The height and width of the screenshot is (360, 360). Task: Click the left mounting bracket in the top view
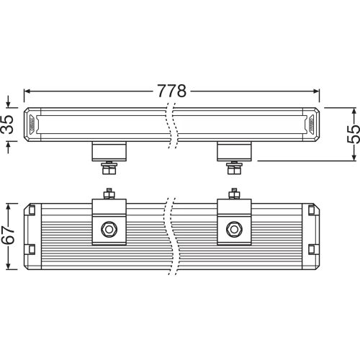click(x=110, y=151)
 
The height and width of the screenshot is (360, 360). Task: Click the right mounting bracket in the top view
click(x=233, y=151)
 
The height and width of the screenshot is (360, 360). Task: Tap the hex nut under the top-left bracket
click(x=110, y=169)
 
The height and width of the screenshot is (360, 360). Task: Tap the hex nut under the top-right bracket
click(x=233, y=169)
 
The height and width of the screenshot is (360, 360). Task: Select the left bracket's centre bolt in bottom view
click(x=109, y=228)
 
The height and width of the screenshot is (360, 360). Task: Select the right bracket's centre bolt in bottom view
click(x=233, y=228)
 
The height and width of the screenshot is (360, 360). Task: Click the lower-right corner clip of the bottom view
click(x=311, y=248)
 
